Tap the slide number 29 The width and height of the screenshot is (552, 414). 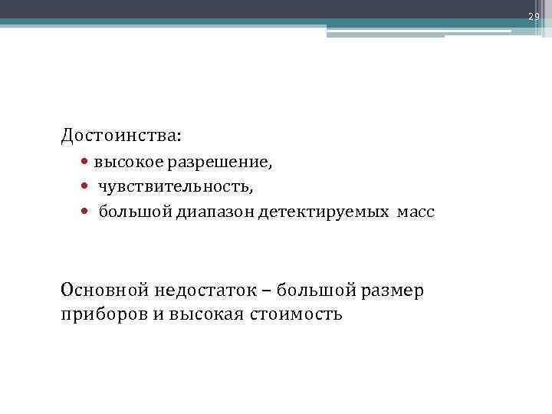click(534, 16)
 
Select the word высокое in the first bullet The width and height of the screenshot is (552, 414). click(124, 163)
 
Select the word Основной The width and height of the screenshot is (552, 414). click(105, 291)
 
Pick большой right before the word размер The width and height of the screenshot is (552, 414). click(307, 291)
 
